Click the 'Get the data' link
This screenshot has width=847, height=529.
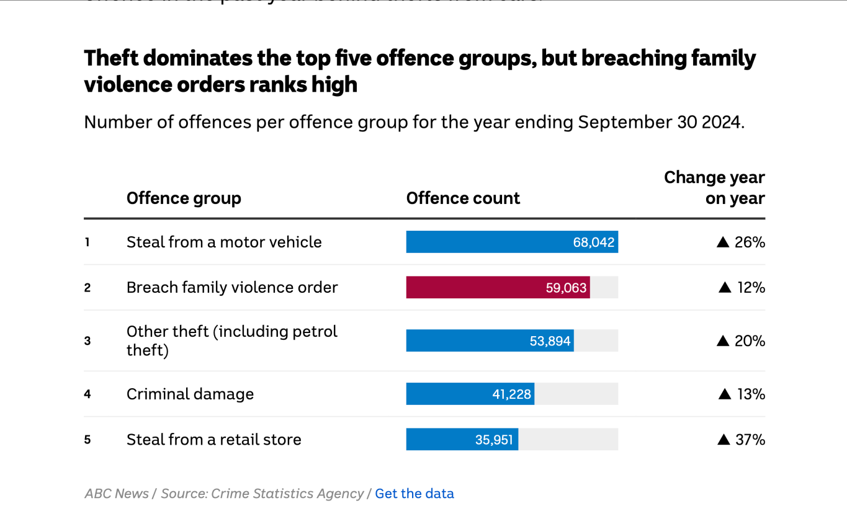click(415, 494)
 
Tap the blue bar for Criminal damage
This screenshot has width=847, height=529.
click(470, 394)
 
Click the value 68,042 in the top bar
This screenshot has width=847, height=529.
click(593, 242)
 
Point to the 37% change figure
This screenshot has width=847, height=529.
click(750, 440)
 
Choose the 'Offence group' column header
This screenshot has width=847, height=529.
click(184, 198)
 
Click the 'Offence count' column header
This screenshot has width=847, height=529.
click(463, 198)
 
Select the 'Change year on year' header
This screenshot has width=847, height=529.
click(714, 188)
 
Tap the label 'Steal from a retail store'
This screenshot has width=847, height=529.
click(214, 440)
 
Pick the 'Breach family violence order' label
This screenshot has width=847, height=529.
click(232, 288)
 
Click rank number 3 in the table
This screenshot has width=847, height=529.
click(87, 341)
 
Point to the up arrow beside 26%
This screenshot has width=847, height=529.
click(723, 242)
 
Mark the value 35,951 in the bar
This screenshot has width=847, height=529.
click(494, 440)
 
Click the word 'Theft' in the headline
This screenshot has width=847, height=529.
click(113, 58)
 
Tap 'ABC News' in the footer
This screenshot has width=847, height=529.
click(117, 494)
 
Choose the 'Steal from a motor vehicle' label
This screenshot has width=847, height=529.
click(224, 242)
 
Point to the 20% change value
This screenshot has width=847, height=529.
click(750, 341)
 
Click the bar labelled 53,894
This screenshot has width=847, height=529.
click(490, 341)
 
